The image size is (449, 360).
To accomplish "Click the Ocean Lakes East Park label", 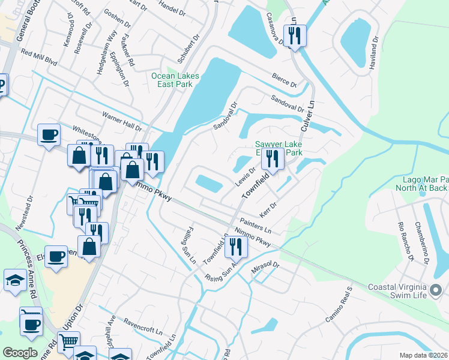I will tap(175, 80).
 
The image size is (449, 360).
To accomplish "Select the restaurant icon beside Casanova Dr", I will tap(294, 36).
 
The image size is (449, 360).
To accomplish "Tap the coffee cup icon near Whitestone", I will tap(49, 134).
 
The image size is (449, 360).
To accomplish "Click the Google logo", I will tap(20, 353).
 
